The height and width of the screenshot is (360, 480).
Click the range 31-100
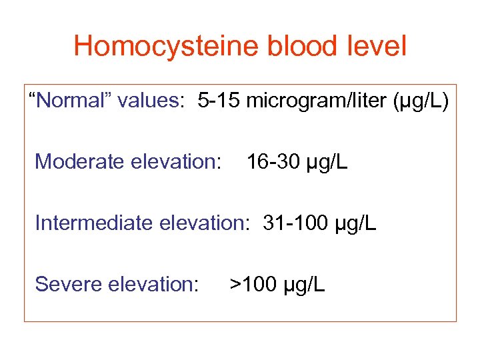(x=293, y=223)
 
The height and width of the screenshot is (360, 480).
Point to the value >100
(x=253, y=284)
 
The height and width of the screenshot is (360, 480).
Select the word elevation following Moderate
(x=173, y=161)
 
